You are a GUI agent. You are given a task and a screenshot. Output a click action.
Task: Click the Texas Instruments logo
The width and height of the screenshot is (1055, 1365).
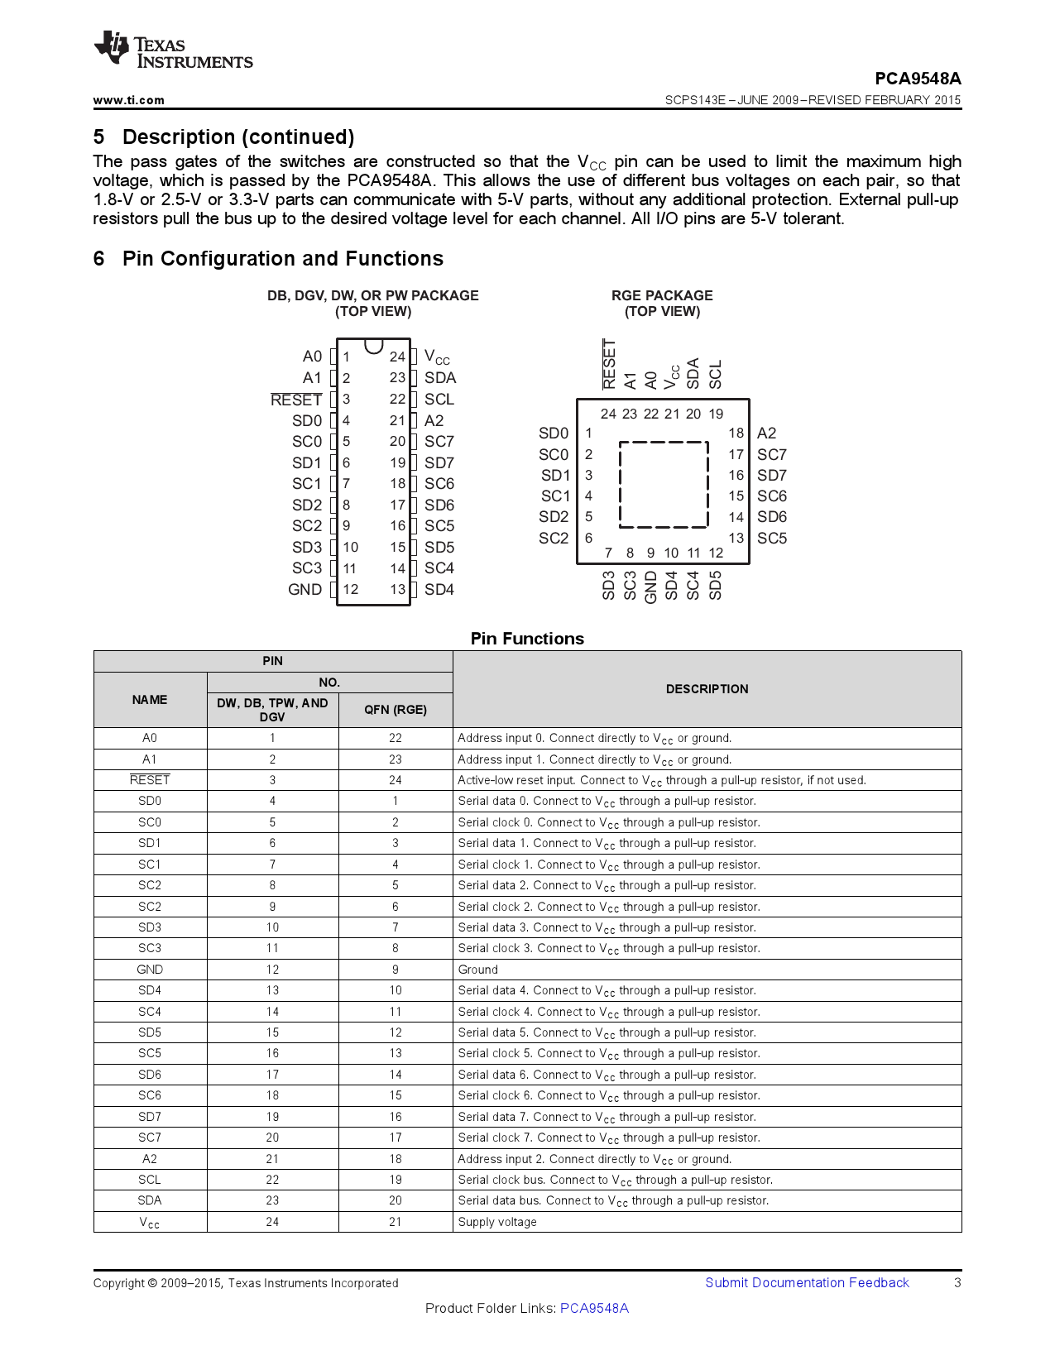point(173,50)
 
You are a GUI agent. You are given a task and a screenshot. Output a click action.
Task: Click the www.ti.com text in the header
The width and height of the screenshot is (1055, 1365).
point(128,100)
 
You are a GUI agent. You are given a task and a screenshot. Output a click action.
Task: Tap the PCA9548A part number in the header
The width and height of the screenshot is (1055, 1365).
point(918,79)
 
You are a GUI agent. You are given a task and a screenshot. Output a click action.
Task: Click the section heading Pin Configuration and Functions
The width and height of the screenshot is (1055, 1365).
point(282,259)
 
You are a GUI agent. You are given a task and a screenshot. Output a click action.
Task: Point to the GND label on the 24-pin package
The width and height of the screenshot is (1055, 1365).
point(305,590)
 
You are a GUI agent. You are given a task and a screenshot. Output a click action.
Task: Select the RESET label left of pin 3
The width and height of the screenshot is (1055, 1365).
point(295,400)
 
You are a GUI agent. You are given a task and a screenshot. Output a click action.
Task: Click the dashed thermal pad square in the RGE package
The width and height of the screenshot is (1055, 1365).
point(664,485)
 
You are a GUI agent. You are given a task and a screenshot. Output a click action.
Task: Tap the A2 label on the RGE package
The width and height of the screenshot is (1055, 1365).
point(766,433)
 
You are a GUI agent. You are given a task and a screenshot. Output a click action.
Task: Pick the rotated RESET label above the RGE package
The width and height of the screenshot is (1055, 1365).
point(609,364)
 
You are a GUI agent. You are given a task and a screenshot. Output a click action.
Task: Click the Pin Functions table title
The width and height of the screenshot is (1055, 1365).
point(527,639)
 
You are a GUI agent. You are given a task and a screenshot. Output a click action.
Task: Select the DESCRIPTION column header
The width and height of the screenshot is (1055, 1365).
point(707,689)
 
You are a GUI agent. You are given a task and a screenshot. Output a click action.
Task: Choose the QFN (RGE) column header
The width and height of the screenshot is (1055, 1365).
point(396,710)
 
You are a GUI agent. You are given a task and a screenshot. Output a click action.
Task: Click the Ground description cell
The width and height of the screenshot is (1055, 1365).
point(478,970)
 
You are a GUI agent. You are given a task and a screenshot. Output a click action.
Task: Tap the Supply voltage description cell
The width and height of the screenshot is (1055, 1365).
point(497,1222)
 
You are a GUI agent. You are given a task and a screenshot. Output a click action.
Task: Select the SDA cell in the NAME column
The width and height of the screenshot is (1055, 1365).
point(150,1200)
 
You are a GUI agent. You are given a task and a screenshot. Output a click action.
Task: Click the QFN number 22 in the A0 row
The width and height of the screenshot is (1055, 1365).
point(396,738)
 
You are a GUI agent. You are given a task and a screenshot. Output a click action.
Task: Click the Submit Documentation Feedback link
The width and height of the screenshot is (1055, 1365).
point(807,1282)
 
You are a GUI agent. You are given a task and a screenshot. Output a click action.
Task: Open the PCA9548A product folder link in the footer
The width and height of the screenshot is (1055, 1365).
point(594,1308)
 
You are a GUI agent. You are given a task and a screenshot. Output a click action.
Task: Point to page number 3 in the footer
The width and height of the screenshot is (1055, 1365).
point(957,1282)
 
